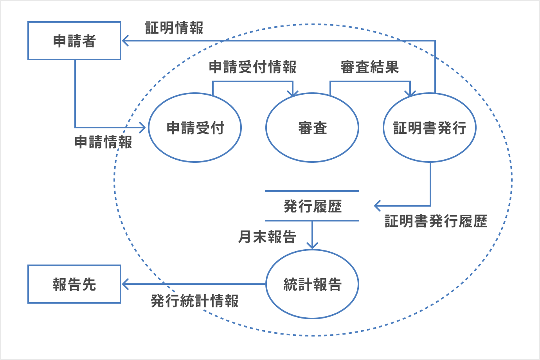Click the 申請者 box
pyautogui.click(x=74, y=41)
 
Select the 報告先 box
pyautogui.click(x=74, y=284)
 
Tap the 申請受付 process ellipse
pyautogui.click(x=195, y=128)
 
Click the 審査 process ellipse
pyautogui.click(x=312, y=128)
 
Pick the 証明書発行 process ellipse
pyautogui.click(x=430, y=128)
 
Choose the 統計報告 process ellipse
pyautogui.click(x=312, y=284)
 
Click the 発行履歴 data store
pyautogui.click(x=312, y=206)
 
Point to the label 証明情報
pyautogui.click(x=174, y=28)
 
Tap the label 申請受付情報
pyautogui.click(x=252, y=67)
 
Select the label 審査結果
pyautogui.click(x=369, y=67)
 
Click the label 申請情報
pyautogui.click(x=103, y=142)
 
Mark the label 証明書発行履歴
pyautogui.click(x=436, y=221)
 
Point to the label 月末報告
pyautogui.click(x=267, y=237)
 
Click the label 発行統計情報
pyautogui.click(x=194, y=301)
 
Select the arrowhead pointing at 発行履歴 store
pyautogui.click(x=377, y=206)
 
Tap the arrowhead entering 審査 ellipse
pyautogui.click(x=293, y=94)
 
